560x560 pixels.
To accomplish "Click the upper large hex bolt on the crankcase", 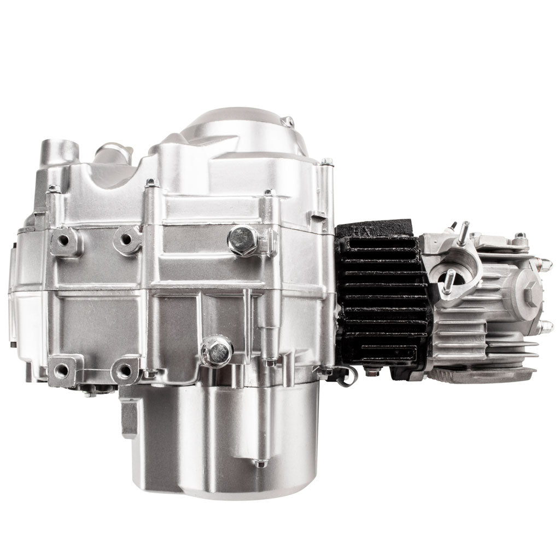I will point(243,239).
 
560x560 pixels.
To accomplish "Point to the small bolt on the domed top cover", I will point(290,121).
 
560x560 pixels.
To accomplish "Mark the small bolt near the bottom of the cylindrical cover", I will point(261,463).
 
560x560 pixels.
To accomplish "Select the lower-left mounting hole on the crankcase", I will point(62,370).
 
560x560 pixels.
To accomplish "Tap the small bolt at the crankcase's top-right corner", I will point(326,162).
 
